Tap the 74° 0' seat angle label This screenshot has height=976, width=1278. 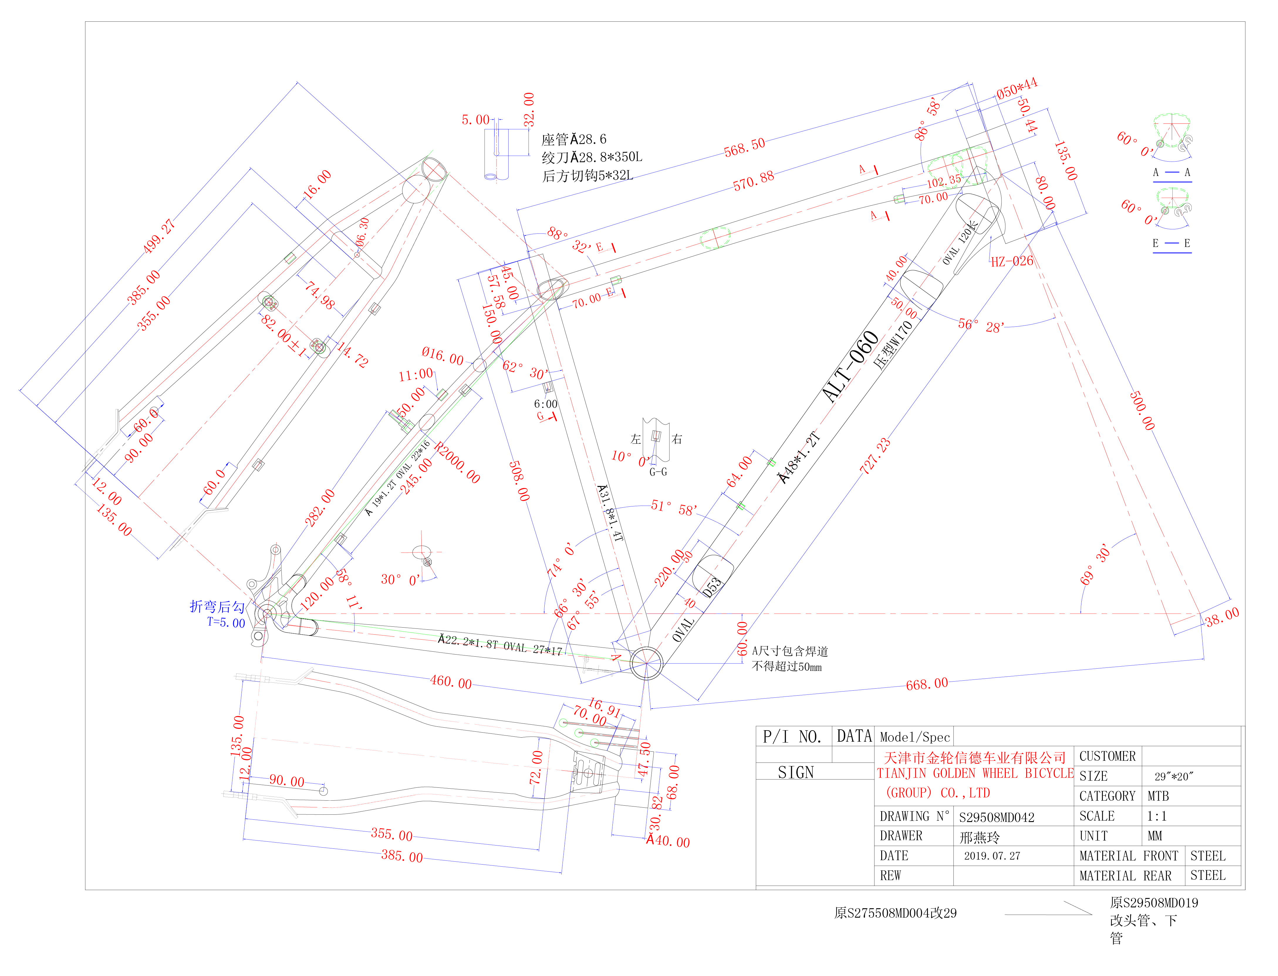[x=561, y=560]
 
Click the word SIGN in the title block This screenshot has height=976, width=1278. [x=796, y=773]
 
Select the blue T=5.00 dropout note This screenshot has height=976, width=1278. [x=226, y=623]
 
